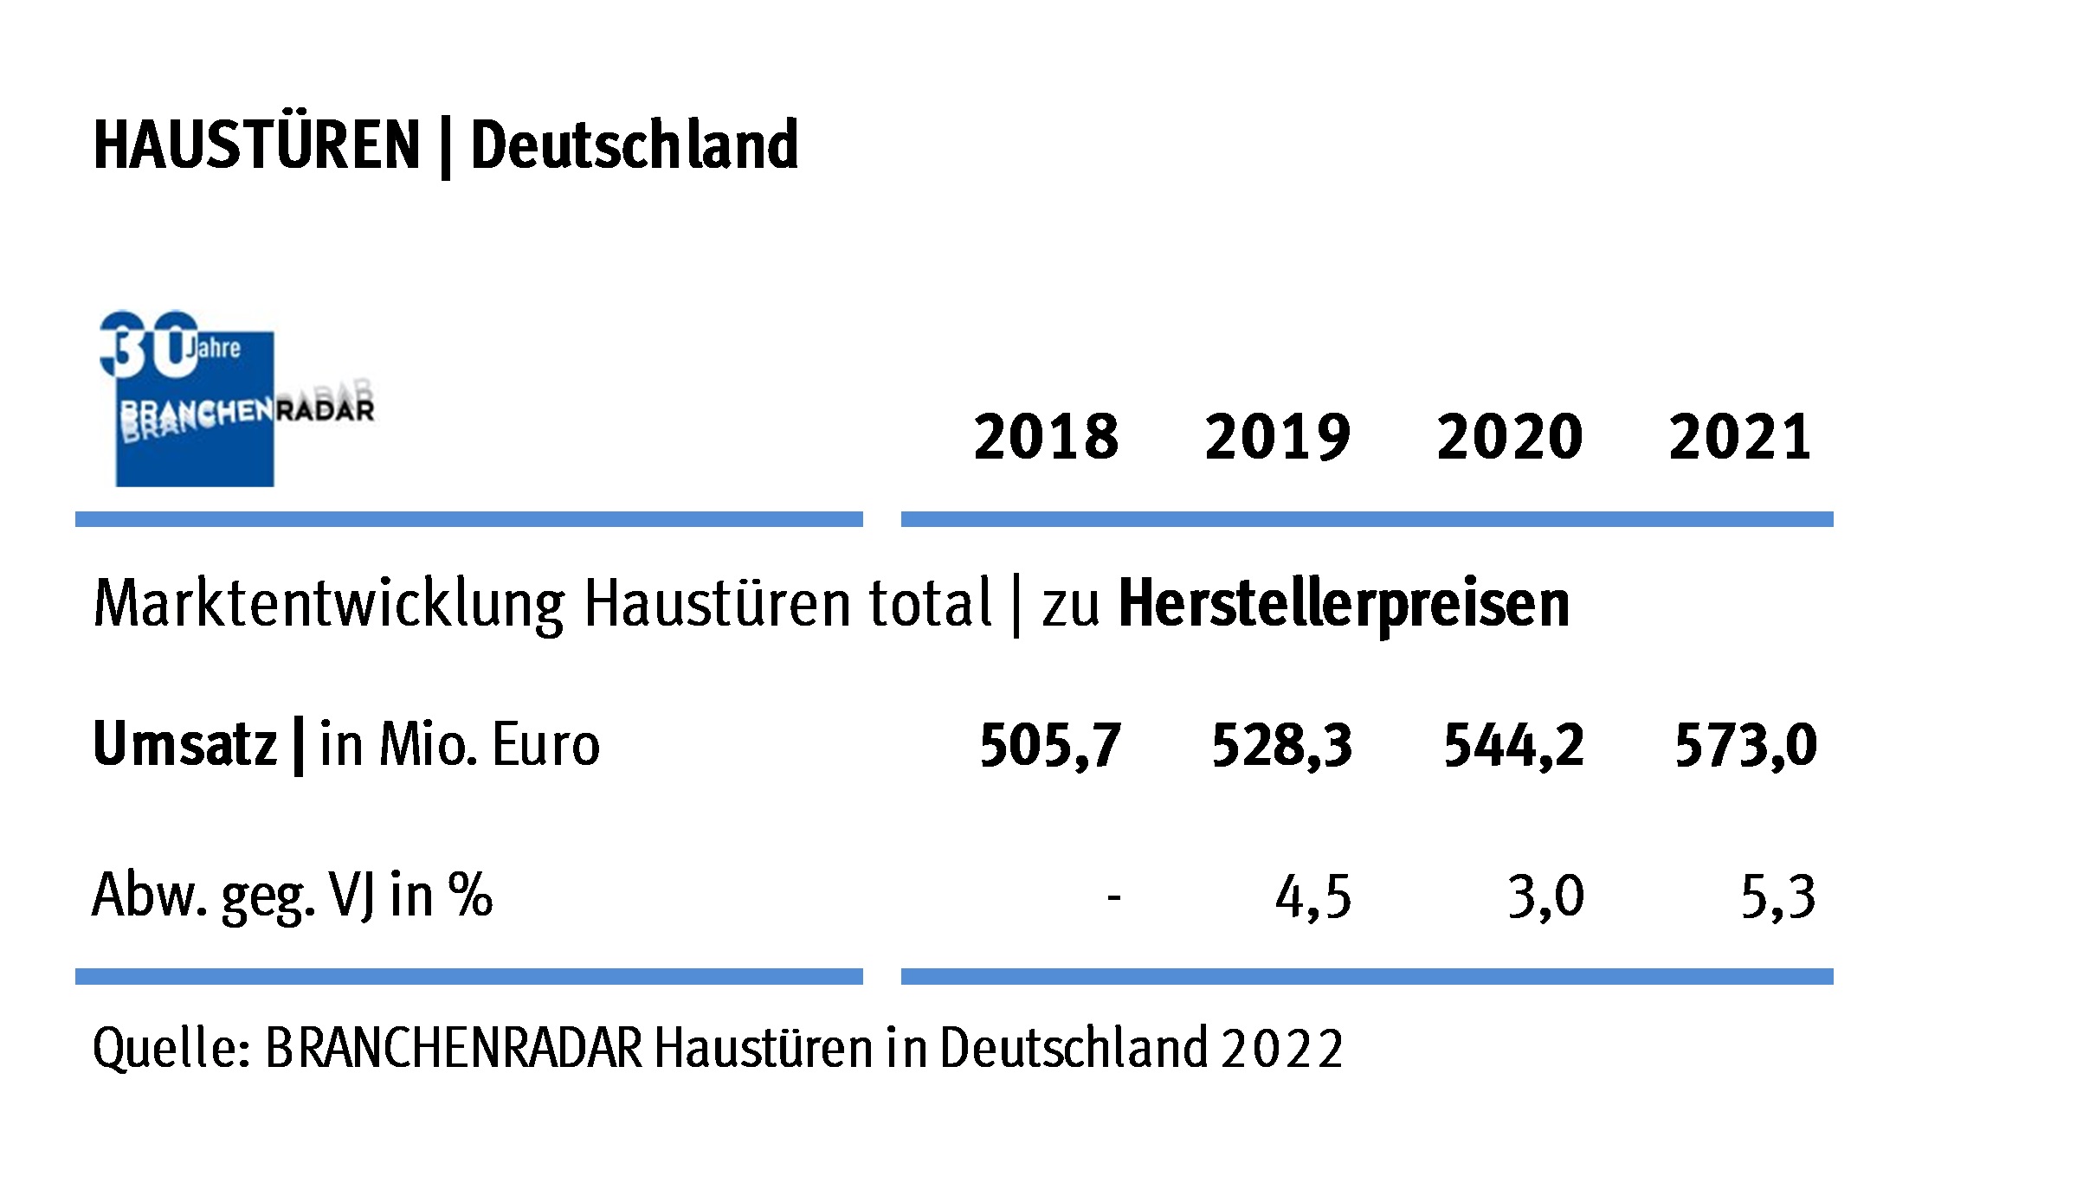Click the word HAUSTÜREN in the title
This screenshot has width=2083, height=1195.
click(x=256, y=145)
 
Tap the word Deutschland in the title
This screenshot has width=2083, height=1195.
click(x=634, y=145)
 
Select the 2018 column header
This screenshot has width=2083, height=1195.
click(x=1046, y=437)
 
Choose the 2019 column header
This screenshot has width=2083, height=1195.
click(x=1277, y=437)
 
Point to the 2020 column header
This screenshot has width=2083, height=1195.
click(x=1509, y=437)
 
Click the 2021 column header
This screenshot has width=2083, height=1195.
click(x=1739, y=437)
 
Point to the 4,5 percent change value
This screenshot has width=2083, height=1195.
click(x=1312, y=897)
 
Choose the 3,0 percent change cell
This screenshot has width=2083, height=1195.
click(x=1545, y=897)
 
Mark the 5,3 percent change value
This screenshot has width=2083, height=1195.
click(x=1777, y=897)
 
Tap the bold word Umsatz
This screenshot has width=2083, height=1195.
click(x=184, y=744)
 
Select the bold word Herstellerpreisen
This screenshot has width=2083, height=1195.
click(x=1344, y=603)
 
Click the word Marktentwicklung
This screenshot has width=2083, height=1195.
click(x=329, y=604)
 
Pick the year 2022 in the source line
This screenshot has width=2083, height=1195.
click(x=1282, y=1049)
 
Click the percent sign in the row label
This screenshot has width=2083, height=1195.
click(x=470, y=894)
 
